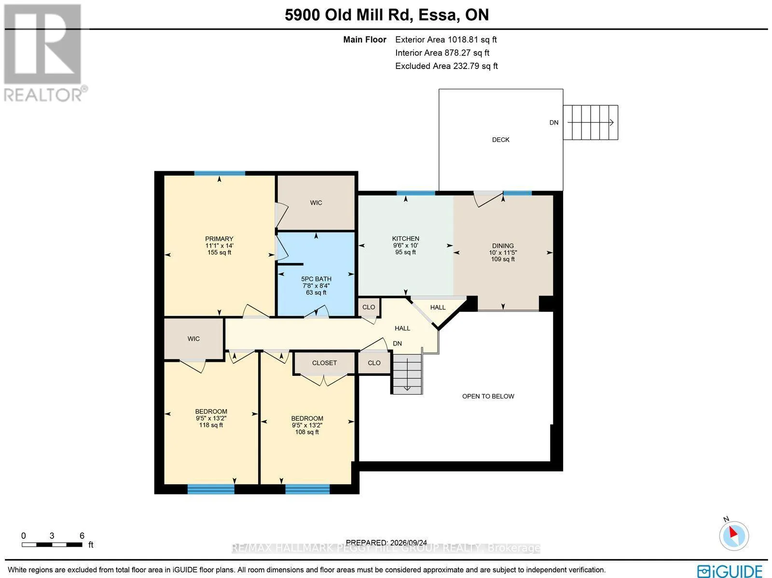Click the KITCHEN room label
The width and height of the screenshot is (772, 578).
405,238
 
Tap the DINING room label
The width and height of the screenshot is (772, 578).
503,246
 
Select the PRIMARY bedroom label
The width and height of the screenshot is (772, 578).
219,239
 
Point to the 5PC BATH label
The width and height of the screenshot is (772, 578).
316,279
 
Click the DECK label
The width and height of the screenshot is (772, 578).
500,139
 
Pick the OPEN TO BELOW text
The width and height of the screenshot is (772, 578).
488,396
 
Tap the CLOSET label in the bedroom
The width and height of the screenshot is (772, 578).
324,363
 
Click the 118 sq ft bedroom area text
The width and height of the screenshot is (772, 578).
211,425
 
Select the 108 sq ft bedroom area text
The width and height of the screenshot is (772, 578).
307,432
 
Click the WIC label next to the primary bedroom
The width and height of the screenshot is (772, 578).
316,203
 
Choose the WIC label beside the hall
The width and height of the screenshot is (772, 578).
193,339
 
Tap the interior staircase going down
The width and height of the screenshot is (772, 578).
407,374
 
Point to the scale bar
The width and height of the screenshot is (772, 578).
52,545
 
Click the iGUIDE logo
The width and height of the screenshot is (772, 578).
730,571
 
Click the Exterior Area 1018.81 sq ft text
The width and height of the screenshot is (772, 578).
446,40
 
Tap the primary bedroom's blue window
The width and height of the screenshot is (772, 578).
220,173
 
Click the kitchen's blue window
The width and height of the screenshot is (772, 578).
416,193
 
